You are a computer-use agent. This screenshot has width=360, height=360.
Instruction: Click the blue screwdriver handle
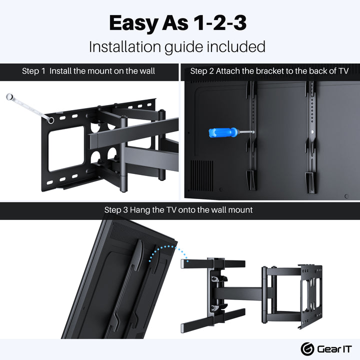point(222,132)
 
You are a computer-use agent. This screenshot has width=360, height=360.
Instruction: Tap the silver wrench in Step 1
point(29,108)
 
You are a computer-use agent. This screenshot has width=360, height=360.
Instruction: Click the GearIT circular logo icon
point(307,349)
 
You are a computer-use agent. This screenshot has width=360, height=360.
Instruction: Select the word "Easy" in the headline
point(133,23)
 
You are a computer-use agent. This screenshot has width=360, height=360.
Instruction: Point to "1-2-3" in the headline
point(220,22)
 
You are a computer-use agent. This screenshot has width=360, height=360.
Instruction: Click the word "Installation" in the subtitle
point(125,46)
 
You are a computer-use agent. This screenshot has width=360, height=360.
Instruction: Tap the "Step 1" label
point(34,71)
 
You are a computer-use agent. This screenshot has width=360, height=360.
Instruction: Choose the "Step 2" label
point(202,71)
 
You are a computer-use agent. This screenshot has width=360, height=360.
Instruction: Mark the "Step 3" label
point(116,210)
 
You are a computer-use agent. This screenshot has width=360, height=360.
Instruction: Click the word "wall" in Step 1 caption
point(147,71)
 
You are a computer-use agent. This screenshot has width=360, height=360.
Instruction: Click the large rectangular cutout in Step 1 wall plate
point(66,148)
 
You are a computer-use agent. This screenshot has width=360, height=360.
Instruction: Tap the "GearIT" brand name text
point(334,349)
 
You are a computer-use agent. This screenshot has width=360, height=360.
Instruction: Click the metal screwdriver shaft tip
point(253,132)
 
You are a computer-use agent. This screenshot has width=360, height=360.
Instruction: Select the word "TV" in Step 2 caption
point(343,71)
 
